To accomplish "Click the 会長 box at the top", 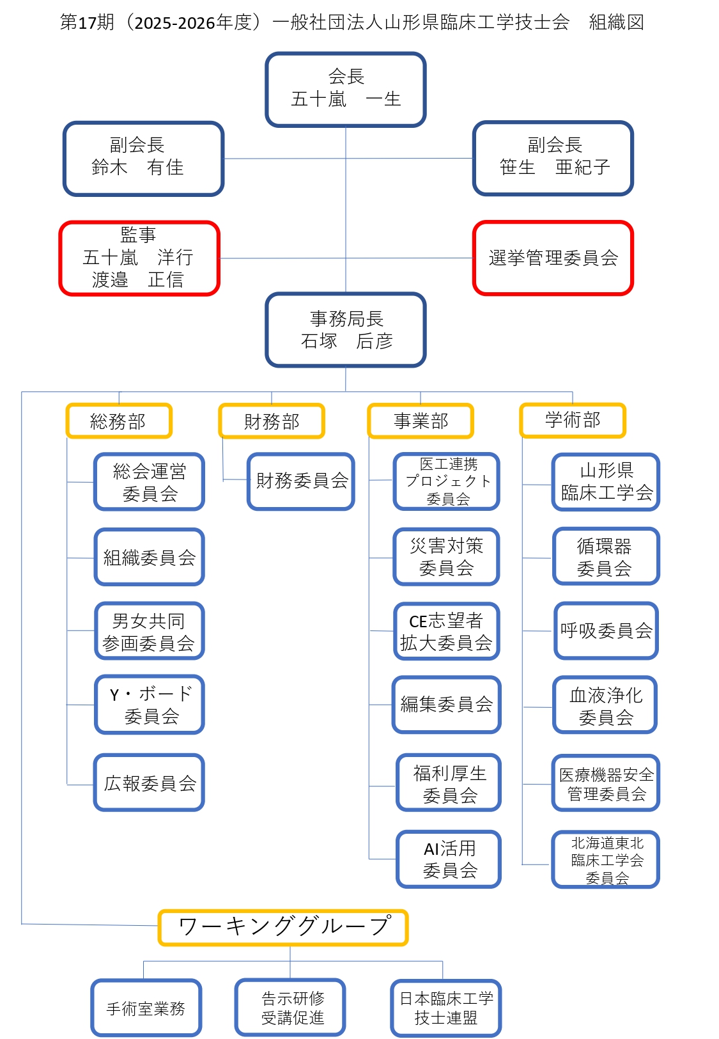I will click(x=346, y=90).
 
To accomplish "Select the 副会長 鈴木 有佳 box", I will click(x=143, y=158).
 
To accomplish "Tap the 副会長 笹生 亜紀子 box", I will click(x=553, y=158).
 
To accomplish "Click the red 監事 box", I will click(x=139, y=258).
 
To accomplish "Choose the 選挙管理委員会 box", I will click(x=553, y=258).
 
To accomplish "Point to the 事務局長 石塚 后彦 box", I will click(x=346, y=330).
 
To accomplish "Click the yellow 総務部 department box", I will click(x=119, y=421).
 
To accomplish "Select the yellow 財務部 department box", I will click(x=272, y=421).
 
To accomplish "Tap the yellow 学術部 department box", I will click(x=573, y=420).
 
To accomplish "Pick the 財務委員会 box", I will click(x=301, y=481).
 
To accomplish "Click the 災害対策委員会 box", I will click(x=446, y=557).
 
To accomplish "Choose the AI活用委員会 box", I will click(x=449, y=859).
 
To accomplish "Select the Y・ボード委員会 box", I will click(x=150, y=705).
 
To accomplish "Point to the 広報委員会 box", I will click(x=150, y=783).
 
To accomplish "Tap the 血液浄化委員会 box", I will click(x=605, y=705).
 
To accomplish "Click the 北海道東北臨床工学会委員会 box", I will click(x=605, y=860).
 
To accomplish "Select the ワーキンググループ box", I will click(x=283, y=927).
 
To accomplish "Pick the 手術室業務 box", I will click(x=146, y=1008).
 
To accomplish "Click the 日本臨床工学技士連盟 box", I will click(x=446, y=1008).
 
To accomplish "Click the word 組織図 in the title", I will click(x=616, y=22).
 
